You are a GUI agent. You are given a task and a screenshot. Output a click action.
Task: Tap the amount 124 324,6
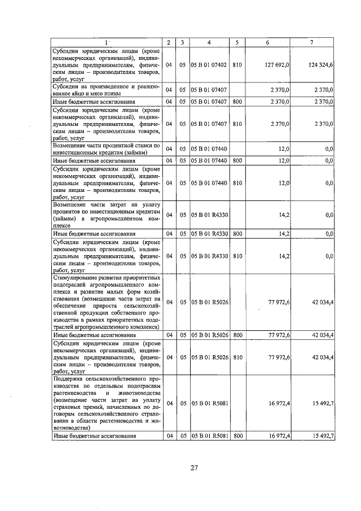click(322, 65)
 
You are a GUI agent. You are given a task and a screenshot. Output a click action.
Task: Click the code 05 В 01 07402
click(209, 65)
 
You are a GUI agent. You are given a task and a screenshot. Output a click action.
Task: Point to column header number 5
click(237, 43)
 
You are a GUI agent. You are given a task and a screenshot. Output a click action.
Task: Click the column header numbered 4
click(209, 43)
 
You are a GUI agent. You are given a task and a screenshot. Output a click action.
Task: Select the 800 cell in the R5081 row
click(237, 436)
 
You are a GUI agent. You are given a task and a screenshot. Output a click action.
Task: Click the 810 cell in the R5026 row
click(237, 357)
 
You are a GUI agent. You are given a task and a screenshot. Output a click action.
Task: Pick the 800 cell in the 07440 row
click(237, 161)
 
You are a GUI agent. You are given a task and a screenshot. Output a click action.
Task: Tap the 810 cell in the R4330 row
click(237, 256)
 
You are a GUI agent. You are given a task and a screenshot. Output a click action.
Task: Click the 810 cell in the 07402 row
click(237, 65)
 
